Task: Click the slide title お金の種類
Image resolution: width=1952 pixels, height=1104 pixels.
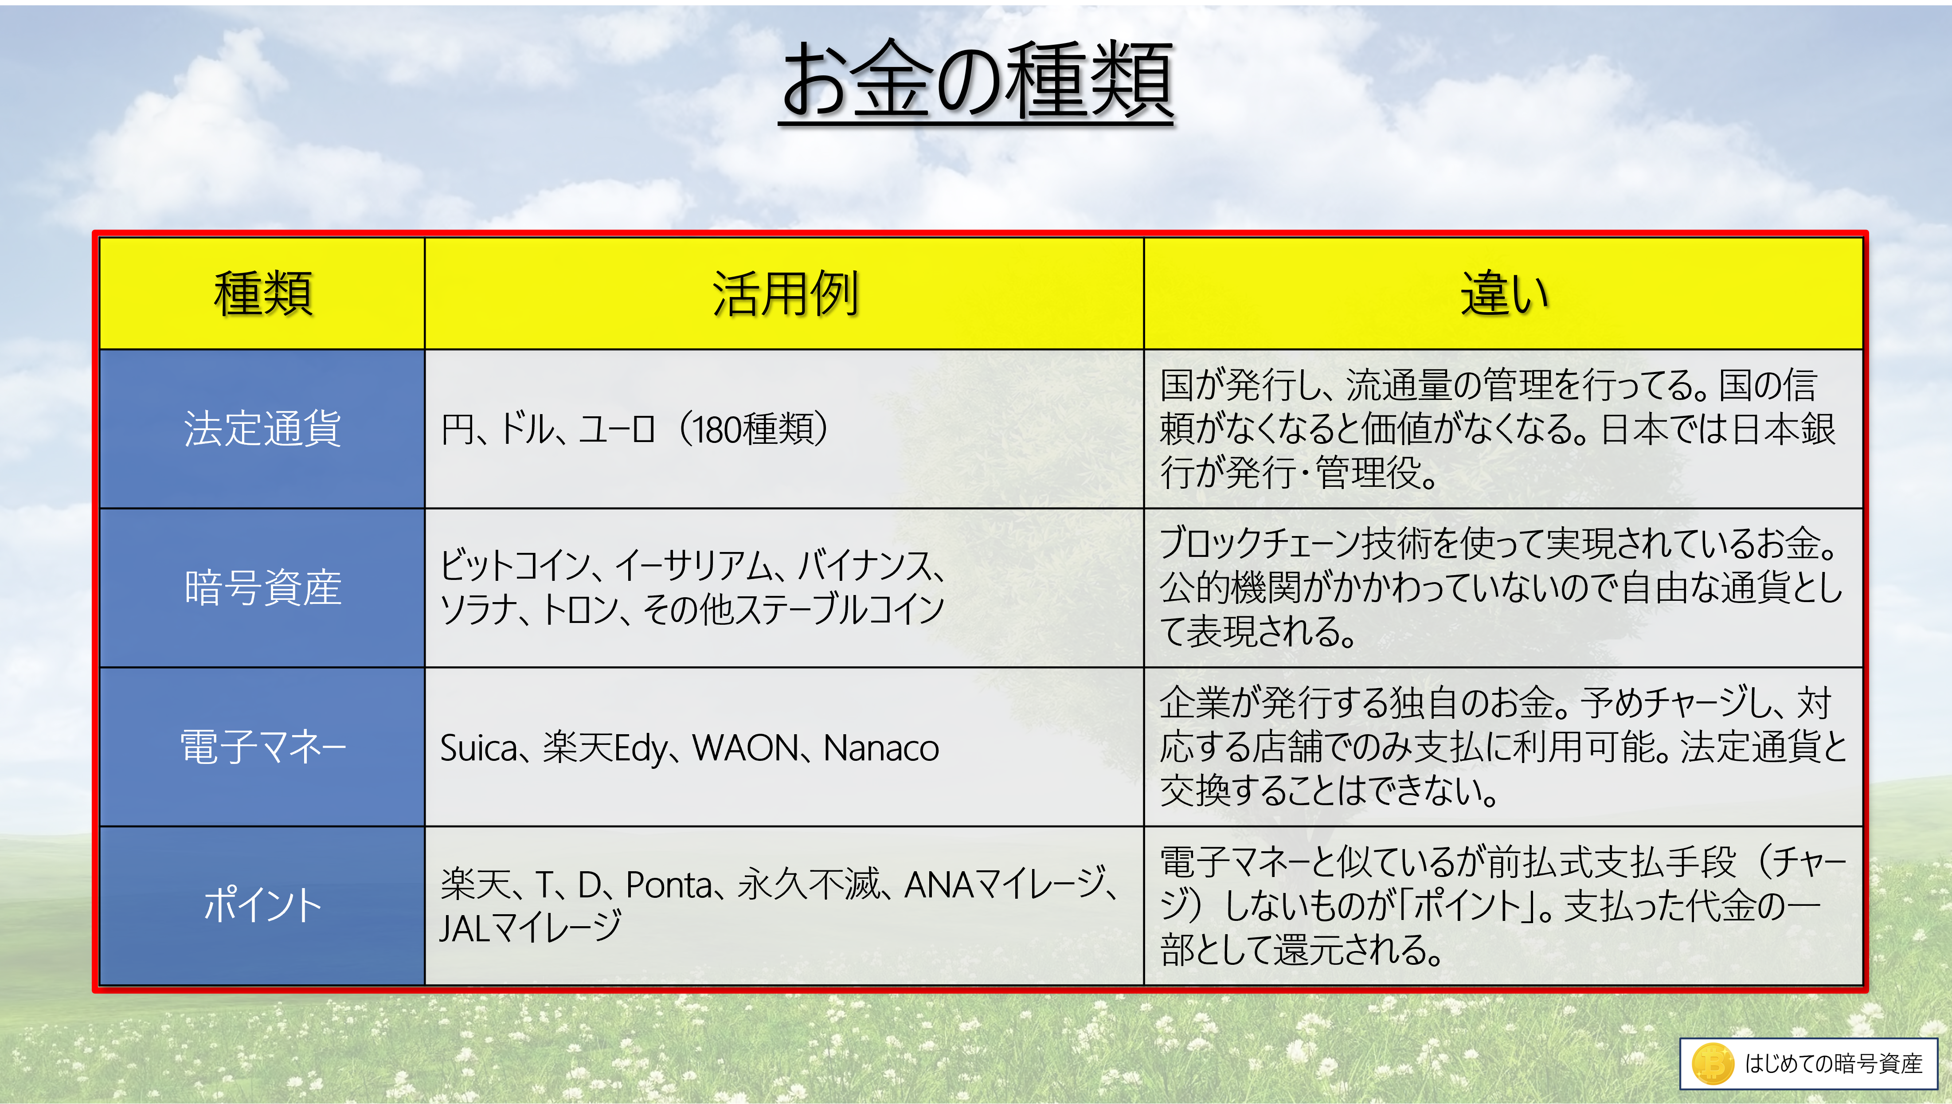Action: pos(976,80)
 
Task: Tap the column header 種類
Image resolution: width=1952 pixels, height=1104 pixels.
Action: pos(262,294)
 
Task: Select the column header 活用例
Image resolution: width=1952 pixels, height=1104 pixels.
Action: pos(785,294)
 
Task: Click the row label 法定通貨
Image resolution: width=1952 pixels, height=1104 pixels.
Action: pos(262,429)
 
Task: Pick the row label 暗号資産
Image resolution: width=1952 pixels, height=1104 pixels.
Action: pos(262,587)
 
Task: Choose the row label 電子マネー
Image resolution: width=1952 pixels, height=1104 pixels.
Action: pos(262,747)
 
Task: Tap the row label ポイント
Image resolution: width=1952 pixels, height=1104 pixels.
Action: pos(262,905)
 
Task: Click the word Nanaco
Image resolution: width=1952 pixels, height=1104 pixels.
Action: pos(881,748)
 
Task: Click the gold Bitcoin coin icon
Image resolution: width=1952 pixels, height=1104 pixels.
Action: pos(1713,1063)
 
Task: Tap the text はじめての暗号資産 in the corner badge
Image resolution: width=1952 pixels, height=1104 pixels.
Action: pos(1833,1063)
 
